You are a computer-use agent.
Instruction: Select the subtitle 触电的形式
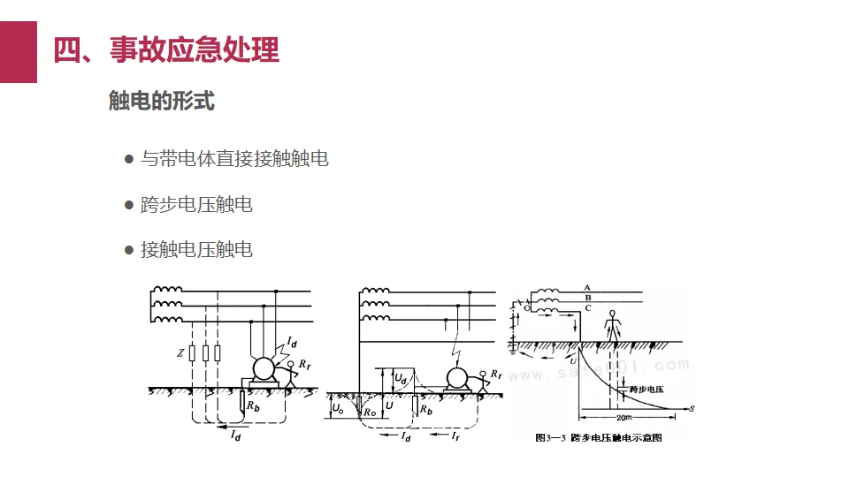[161, 101]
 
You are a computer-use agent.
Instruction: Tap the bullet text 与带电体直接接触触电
[234, 159]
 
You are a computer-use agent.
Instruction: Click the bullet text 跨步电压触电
[196, 204]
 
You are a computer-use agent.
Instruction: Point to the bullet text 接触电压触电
[196, 249]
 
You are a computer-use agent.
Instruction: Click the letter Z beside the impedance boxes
[180, 353]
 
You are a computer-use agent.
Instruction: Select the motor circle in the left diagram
[264, 369]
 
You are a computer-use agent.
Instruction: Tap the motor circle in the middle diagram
[457, 378]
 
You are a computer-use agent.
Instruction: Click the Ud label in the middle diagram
[401, 378]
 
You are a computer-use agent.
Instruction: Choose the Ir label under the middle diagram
[455, 436]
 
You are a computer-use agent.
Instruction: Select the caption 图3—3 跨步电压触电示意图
[599, 437]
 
